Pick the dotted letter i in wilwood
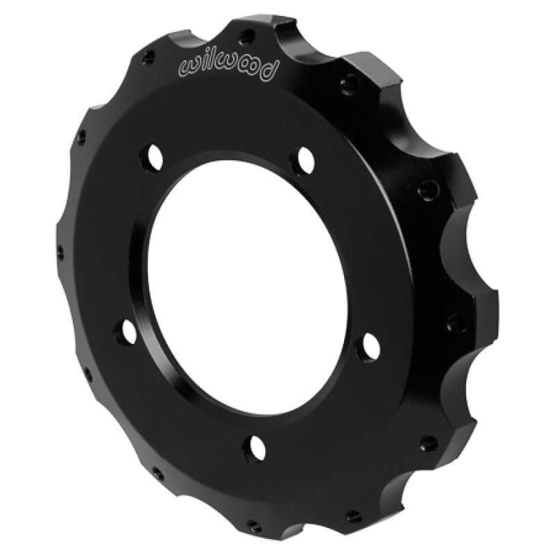pos(204,65)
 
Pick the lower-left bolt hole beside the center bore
pos(128,331)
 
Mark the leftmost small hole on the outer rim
pos(60,250)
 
